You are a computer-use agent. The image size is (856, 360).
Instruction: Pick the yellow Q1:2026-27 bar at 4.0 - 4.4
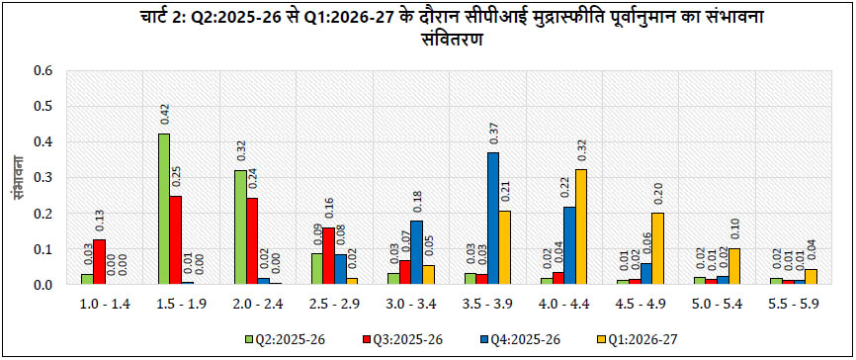[x=581, y=227]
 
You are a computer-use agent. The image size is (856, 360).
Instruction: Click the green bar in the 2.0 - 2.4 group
[x=240, y=227]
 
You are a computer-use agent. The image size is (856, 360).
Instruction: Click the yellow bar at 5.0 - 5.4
[x=733, y=267]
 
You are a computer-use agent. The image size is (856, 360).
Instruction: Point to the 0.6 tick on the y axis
[x=43, y=71]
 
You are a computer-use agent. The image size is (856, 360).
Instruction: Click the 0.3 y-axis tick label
[x=43, y=178]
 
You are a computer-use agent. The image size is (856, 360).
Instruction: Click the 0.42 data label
[x=164, y=116]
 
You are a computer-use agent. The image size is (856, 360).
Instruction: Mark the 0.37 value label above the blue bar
[x=493, y=134]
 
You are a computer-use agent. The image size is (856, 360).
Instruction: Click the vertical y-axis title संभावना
[x=16, y=178]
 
